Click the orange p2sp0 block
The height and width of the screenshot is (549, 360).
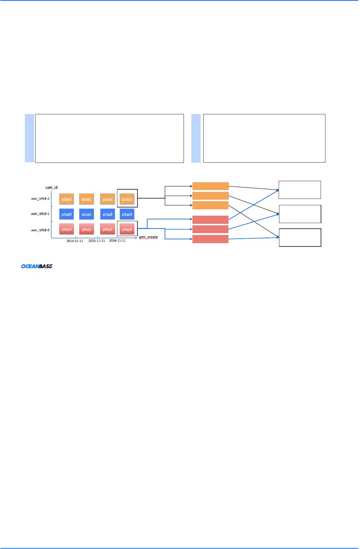tap(67, 199)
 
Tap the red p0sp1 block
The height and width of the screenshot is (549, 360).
tap(87, 229)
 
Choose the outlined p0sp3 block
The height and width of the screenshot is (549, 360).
tap(127, 229)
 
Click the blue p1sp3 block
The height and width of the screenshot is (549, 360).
tap(127, 214)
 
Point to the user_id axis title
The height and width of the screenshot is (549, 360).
tap(52, 187)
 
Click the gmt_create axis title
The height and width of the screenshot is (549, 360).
tap(148, 237)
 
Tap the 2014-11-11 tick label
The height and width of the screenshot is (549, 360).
tap(75, 241)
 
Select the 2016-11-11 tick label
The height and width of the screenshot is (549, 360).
tap(117, 241)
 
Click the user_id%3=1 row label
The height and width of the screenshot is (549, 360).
tap(40, 214)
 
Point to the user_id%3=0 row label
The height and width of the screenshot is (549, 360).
tap(40, 230)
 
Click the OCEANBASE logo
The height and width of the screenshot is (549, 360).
tap(36, 266)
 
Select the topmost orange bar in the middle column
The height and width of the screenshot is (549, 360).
tap(210, 186)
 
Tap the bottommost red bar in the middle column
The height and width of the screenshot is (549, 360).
tap(210, 239)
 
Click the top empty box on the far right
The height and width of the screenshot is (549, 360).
tap(299, 190)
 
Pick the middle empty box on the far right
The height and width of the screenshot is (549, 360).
tap(300, 214)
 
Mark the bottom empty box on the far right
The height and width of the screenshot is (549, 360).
tap(300, 238)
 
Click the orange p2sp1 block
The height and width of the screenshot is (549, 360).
tap(87, 199)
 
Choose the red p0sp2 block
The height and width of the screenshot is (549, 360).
tap(108, 229)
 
